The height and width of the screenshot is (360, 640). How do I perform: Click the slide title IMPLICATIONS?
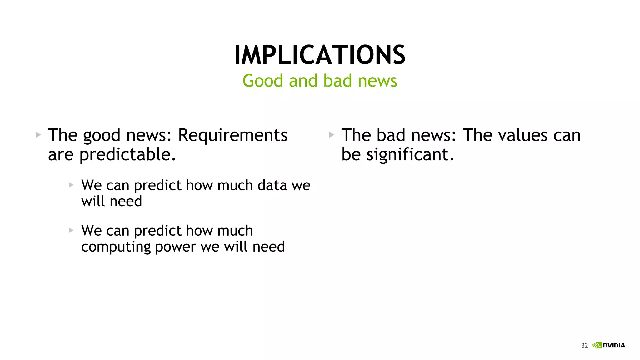[x=320, y=55]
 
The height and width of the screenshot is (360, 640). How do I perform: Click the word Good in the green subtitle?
[x=262, y=81]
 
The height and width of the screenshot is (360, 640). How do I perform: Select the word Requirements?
[x=232, y=135]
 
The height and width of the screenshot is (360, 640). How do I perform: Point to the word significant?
[x=410, y=155]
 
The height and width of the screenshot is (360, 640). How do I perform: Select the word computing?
[x=116, y=247]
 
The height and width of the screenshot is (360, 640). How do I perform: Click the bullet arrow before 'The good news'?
[x=38, y=135]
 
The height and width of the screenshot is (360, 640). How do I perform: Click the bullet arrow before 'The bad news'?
[x=332, y=135]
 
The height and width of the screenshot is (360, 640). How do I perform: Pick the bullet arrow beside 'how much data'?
[x=71, y=185]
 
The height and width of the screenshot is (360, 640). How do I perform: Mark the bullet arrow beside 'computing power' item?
[x=71, y=230]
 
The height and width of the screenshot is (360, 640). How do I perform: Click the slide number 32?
[x=584, y=346]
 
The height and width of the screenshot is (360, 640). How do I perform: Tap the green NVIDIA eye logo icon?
[x=597, y=345]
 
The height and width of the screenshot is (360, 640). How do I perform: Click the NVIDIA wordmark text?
[x=614, y=346]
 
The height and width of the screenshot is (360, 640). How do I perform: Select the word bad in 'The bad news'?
[x=391, y=135]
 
